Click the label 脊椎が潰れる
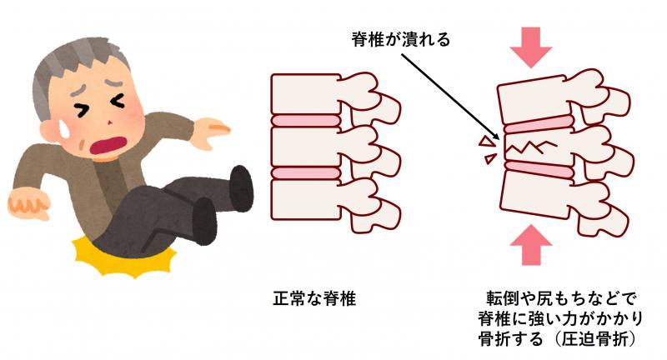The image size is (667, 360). (x=401, y=39)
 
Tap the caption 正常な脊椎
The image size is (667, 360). (x=314, y=298)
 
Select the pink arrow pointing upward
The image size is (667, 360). (x=530, y=245)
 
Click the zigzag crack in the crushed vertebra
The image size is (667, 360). (x=529, y=147)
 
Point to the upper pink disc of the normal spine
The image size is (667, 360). (x=306, y=120)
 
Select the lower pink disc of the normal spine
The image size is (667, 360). (x=306, y=172)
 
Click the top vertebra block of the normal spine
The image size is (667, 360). (x=306, y=94)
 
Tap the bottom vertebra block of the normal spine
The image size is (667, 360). (x=306, y=200)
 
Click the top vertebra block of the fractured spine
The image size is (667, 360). (x=534, y=100)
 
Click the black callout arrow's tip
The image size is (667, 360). (x=498, y=138)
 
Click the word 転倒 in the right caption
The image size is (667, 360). (x=504, y=298)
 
